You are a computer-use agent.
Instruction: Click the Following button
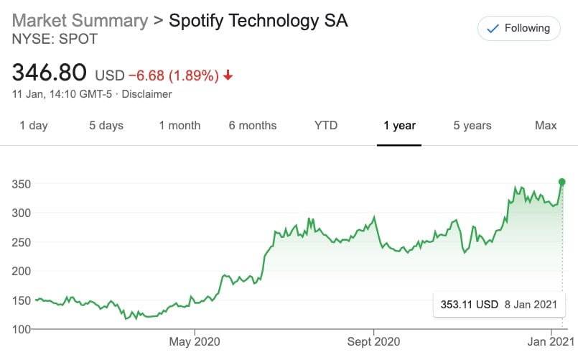point(519,29)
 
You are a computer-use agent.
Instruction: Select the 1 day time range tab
point(34,126)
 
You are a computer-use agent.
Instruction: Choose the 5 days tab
point(106,126)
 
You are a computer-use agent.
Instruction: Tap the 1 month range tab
point(180,126)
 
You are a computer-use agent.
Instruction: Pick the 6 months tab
point(253,126)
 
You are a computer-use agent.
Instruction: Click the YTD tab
point(326,126)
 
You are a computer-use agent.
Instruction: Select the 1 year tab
point(399,126)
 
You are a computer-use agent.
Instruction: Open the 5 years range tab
point(472,126)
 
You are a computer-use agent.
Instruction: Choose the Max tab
point(546,126)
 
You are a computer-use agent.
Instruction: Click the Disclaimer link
point(147,94)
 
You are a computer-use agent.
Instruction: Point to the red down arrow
point(228,75)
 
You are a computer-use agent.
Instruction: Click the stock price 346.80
point(50,73)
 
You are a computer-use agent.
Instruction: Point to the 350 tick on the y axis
point(21,184)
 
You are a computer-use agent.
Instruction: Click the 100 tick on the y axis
point(21,329)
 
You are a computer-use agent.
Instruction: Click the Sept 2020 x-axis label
point(373,341)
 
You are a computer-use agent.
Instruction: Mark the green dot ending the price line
point(562,182)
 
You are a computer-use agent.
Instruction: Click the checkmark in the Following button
point(493,29)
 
